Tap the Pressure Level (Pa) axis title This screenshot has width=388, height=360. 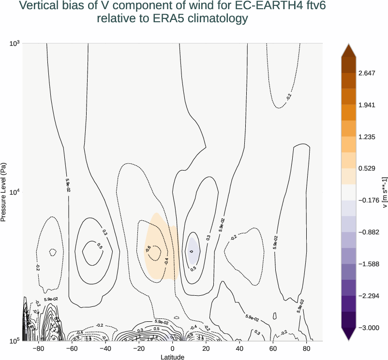click(4, 192)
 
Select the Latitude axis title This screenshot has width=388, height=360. click(173, 357)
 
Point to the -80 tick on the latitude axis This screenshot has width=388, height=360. click(38, 348)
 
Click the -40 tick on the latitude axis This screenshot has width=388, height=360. click(105, 348)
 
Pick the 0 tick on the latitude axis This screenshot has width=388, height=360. click(173, 348)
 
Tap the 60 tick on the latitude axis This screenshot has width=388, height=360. click(273, 348)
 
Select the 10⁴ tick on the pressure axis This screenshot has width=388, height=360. click(15, 192)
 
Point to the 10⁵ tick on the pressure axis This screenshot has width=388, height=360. click(15, 341)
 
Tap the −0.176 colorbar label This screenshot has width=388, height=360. click(369, 200)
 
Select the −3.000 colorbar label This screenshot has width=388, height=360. click(369, 328)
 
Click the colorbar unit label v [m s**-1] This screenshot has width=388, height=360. click(384, 192)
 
